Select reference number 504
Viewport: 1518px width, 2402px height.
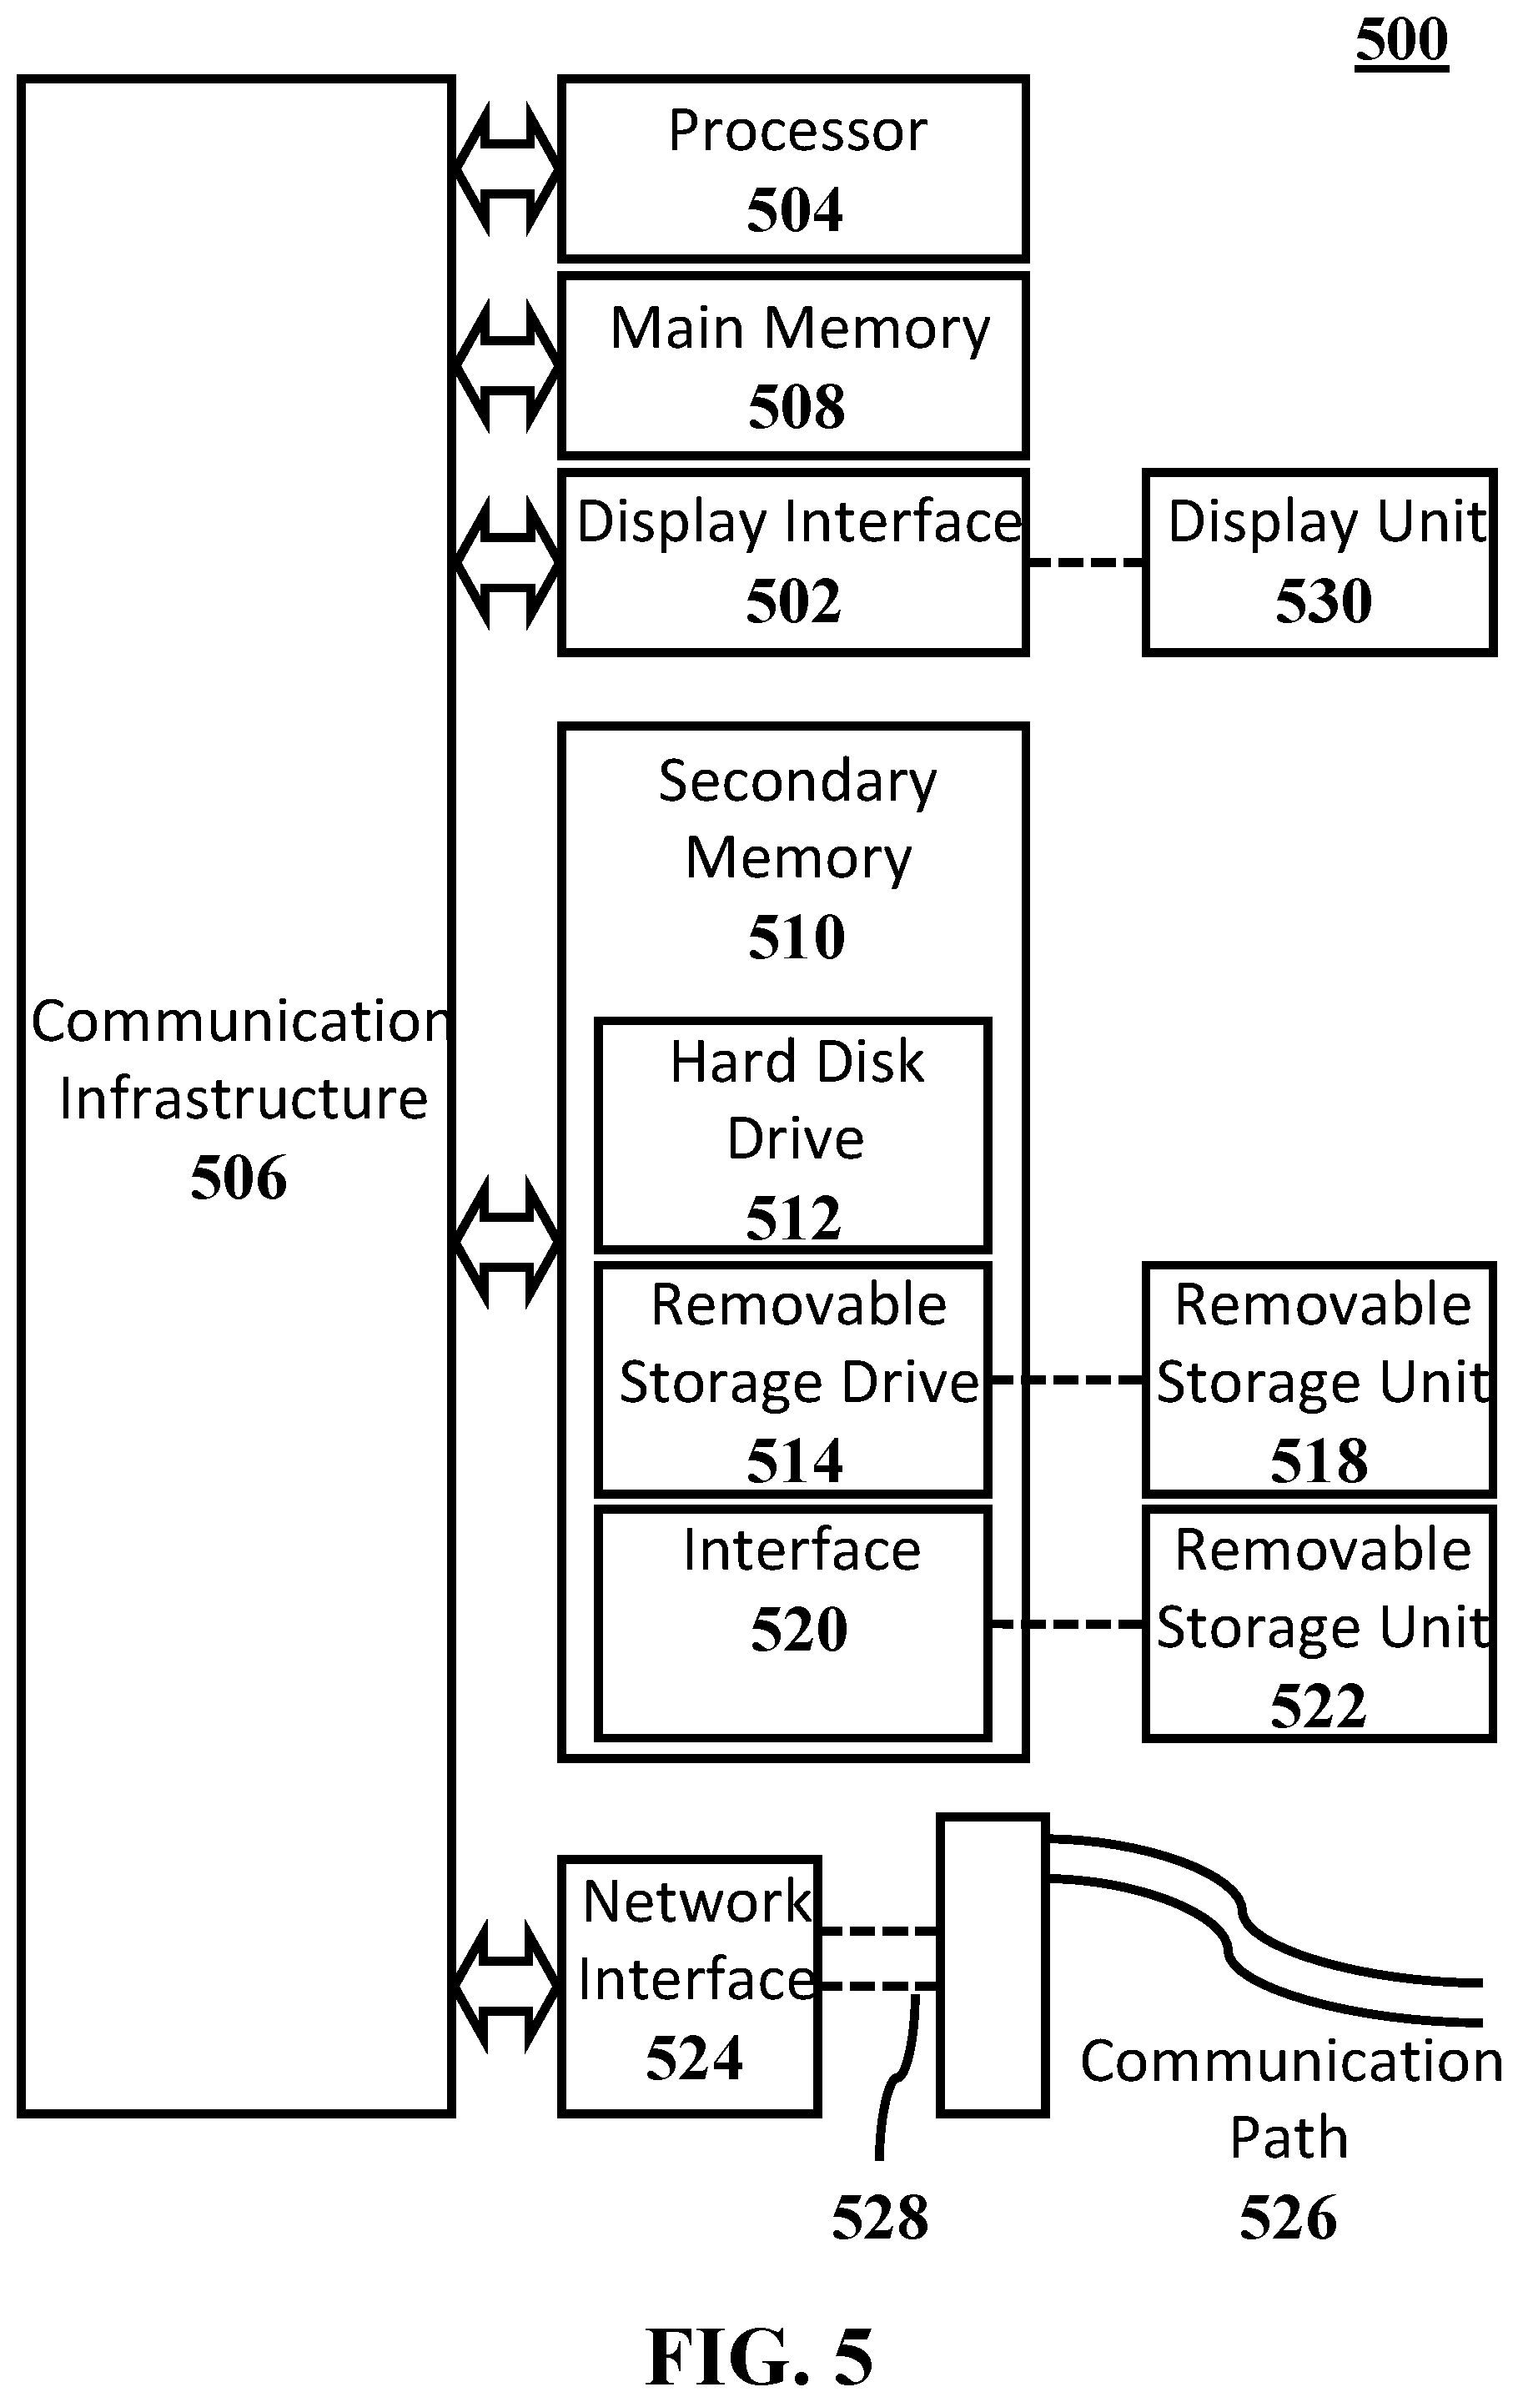[795, 209]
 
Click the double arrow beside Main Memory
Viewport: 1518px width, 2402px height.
[506, 367]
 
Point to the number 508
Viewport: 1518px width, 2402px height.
[797, 407]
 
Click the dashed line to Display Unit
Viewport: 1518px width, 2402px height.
[1085, 563]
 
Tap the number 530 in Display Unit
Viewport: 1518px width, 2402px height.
[1324, 600]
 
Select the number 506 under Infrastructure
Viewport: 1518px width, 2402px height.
[239, 1177]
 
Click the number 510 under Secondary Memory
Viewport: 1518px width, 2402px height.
[797, 937]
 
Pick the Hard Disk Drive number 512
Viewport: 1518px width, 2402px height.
[794, 1217]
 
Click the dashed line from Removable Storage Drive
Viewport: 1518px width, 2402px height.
[1068, 1380]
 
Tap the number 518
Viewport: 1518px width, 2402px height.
[1319, 1461]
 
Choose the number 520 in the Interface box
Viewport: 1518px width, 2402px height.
[799, 1630]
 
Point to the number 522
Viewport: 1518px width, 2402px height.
[1319, 1706]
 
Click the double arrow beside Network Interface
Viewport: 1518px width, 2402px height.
[506, 1987]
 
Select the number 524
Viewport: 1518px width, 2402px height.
[694, 2058]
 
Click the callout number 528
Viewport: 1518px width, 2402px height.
[880, 2219]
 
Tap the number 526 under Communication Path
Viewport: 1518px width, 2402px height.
[1288, 2219]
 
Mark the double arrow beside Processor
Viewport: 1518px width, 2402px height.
[506, 169]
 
